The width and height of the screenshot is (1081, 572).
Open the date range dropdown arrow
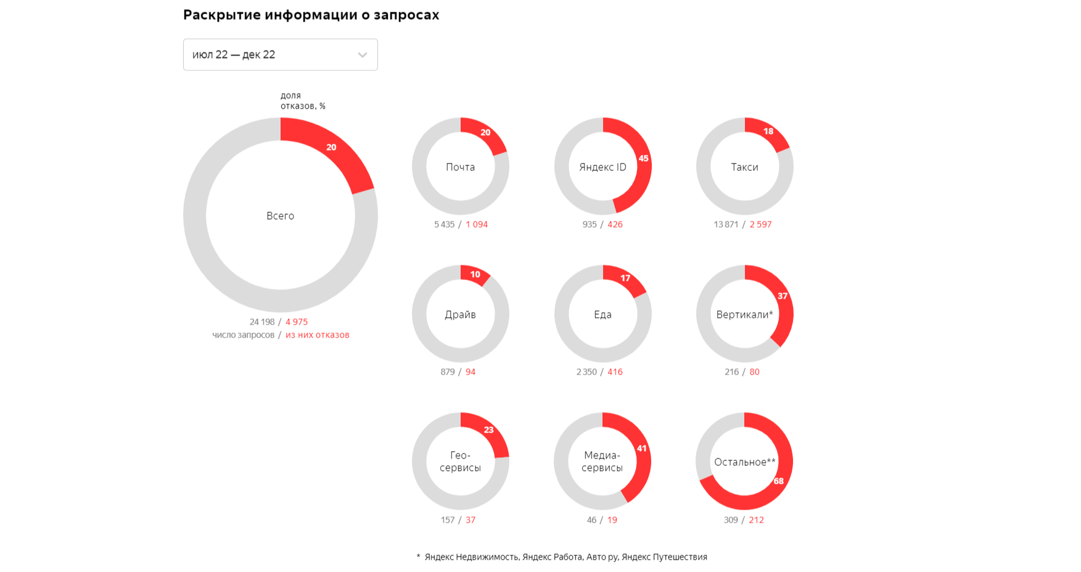[363, 55]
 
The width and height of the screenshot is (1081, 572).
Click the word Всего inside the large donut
[280, 216]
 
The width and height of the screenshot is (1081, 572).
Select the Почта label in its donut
[460, 167]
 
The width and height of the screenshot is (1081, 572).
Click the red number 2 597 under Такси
[760, 225]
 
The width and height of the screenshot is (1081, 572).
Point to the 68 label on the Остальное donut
[778, 481]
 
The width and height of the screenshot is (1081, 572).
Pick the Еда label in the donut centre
[602, 315]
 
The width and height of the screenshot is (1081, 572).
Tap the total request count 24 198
[262, 322]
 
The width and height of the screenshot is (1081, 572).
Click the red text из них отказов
[317, 335]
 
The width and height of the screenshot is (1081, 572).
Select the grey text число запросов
[243, 335]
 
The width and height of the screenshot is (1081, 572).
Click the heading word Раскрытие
[221, 15]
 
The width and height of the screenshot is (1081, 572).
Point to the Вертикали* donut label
[744, 315]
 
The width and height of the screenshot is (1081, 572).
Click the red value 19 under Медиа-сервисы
[612, 520]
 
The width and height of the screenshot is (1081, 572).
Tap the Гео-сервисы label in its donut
[460, 462]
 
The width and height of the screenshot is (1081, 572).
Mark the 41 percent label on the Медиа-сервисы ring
[642, 449]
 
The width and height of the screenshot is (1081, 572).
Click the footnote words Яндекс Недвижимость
[472, 557]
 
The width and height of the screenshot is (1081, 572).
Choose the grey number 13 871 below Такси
[726, 225]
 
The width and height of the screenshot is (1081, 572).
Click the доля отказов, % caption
[303, 101]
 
